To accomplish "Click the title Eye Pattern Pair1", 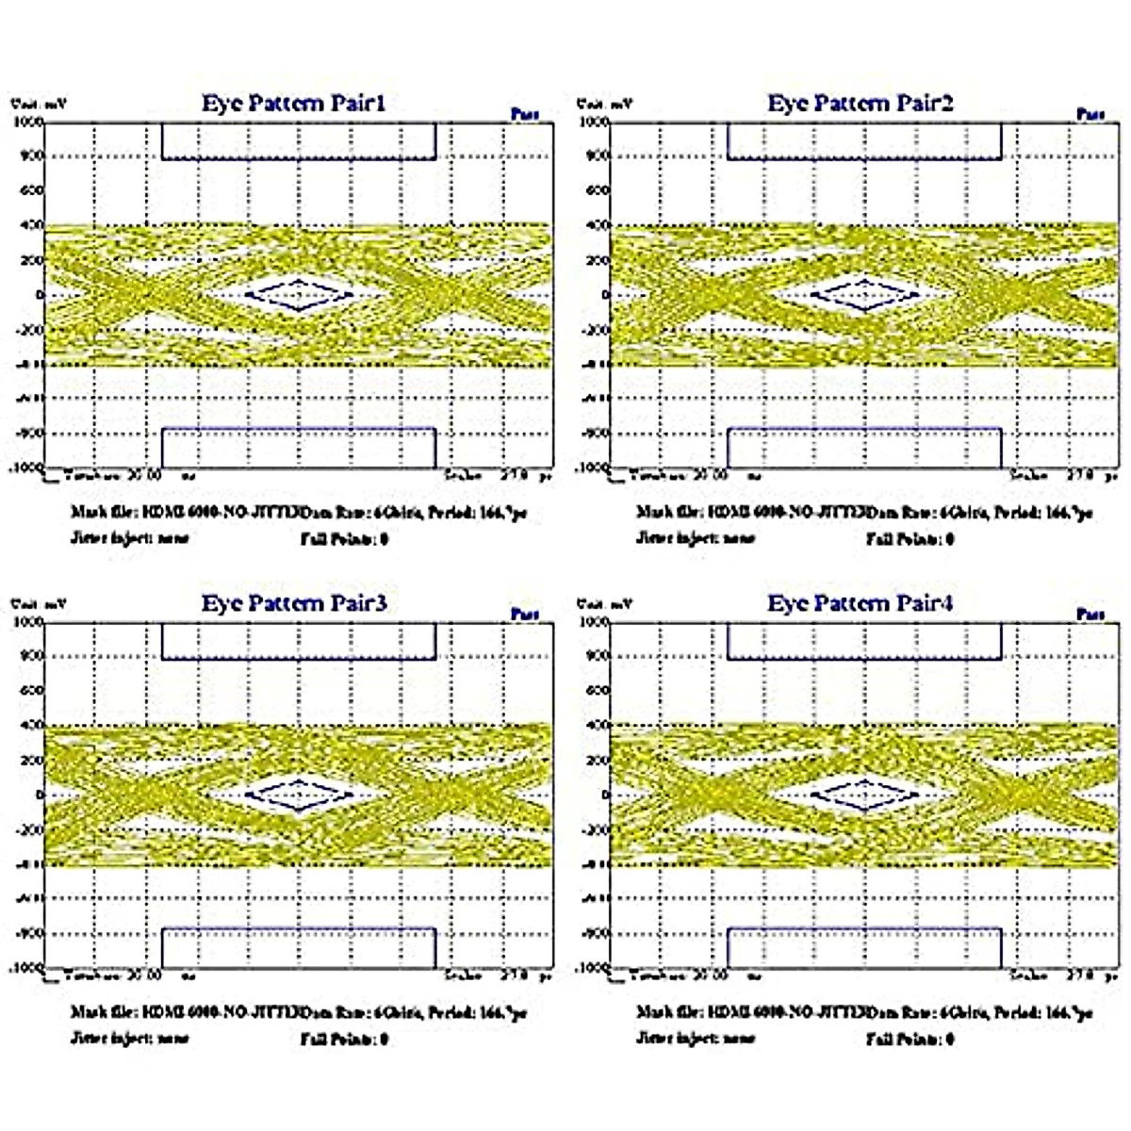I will [x=293, y=103].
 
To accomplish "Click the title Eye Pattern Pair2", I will [x=860, y=103].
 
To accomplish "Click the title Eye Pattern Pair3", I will [x=293, y=603].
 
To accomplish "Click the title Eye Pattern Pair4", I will [x=860, y=603].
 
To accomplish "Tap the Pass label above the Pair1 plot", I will [x=525, y=114].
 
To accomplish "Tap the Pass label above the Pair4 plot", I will [x=1090, y=615].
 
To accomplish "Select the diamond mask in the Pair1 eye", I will [x=299, y=295].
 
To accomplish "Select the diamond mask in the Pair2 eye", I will [x=864, y=295].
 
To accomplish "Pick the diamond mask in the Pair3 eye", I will [x=299, y=795].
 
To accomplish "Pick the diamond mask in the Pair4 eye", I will [x=864, y=795].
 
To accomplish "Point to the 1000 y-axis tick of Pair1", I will [x=27, y=122].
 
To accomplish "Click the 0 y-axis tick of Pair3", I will [x=40, y=795].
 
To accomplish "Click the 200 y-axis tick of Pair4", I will [x=598, y=761].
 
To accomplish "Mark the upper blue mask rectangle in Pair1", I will [x=299, y=140].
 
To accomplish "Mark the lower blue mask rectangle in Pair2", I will [x=864, y=448].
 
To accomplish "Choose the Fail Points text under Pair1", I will [x=344, y=539].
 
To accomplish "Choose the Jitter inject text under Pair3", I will [x=129, y=1039].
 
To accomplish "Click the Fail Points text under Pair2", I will [x=910, y=539].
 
